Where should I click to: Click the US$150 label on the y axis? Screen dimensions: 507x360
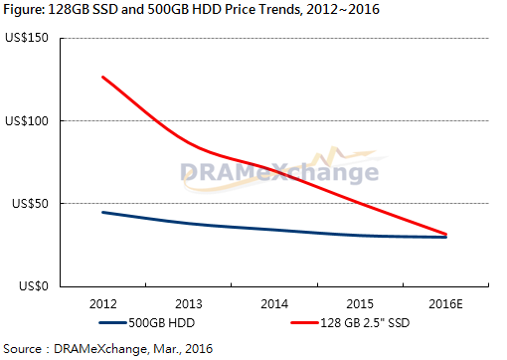click(27, 38)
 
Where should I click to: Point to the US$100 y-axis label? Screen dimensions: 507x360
click(27, 121)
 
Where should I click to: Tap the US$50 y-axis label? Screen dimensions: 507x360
click(30, 204)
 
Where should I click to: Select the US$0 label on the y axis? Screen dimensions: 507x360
click(34, 285)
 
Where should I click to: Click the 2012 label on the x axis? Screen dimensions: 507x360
click(103, 304)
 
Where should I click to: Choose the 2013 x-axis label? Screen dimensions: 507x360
click(189, 304)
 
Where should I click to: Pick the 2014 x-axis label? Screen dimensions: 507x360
click(274, 304)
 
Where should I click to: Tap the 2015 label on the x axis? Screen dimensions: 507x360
click(360, 304)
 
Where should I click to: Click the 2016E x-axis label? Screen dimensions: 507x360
click(445, 304)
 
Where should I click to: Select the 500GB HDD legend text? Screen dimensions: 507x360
click(162, 323)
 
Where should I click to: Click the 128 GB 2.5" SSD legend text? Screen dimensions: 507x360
click(365, 323)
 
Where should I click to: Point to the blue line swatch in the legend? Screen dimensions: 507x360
click(112, 323)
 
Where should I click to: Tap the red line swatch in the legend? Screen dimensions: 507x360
click(305, 323)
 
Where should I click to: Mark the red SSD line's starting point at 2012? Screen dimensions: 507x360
click(103, 78)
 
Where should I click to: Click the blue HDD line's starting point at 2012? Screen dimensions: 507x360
click(103, 212)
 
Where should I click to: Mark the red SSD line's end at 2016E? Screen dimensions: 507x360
click(445, 235)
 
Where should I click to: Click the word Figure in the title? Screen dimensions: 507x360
click(24, 10)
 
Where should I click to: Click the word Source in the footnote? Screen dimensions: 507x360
click(22, 349)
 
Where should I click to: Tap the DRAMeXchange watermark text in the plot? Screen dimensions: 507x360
click(279, 173)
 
